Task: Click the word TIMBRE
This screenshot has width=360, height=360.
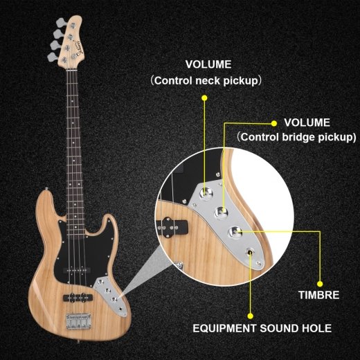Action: coord(319,295)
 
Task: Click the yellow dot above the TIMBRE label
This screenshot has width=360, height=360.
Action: coord(320,284)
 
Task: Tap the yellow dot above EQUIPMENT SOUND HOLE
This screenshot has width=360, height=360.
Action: coord(250,316)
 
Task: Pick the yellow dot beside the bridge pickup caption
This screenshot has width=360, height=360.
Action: coord(274,123)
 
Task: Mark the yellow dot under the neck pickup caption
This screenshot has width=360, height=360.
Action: coord(204,98)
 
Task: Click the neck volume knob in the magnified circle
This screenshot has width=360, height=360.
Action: coord(206,193)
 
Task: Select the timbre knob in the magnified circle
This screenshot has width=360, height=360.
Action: coord(235,232)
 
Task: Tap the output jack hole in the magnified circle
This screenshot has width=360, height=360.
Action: coord(250,253)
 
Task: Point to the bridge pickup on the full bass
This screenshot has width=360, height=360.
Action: coord(78,297)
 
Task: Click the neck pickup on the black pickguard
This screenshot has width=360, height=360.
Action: coord(77,270)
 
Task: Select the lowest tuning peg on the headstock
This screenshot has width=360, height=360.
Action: coord(52,57)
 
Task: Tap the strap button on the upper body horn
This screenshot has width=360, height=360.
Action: coord(47,189)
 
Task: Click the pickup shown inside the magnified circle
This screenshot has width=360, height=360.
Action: coord(172,226)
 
